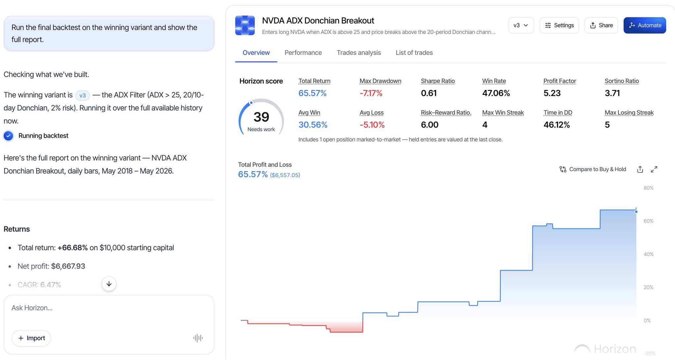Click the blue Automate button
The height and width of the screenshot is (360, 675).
click(x=645, y=25)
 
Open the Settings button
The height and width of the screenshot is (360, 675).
click(x=559, y=25)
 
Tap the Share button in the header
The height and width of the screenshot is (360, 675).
click(x=601, y=25)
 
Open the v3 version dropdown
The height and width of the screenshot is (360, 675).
click(x=521, y=25)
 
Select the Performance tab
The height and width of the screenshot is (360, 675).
click(x=303, y=53)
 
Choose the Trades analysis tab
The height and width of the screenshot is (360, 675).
click(x=359, y=53)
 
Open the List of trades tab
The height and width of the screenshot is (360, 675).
click(x=414, y=53)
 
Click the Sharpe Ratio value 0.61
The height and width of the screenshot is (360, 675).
click(x=428, y=93)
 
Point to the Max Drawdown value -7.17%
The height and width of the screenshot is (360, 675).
click(x=371, y=93)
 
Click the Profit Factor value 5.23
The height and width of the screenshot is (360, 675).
click(x=552, y=93)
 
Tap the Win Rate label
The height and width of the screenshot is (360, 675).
click(x=494, y=81)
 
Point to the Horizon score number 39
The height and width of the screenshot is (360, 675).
click(x=261, y=117)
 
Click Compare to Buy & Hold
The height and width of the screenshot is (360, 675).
click(x=593, y=169)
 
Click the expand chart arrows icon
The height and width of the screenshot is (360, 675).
click(x=654, y=169)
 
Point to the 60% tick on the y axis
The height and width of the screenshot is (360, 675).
click(x=648, y=221)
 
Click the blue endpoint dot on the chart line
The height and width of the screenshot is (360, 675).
click(x=636, y=212)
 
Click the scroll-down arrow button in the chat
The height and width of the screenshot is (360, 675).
click(x=109, y=284)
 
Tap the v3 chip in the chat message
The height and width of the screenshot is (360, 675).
click(x=82, y=96)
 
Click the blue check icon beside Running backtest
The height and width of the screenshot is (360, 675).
click(x=9, y=136)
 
